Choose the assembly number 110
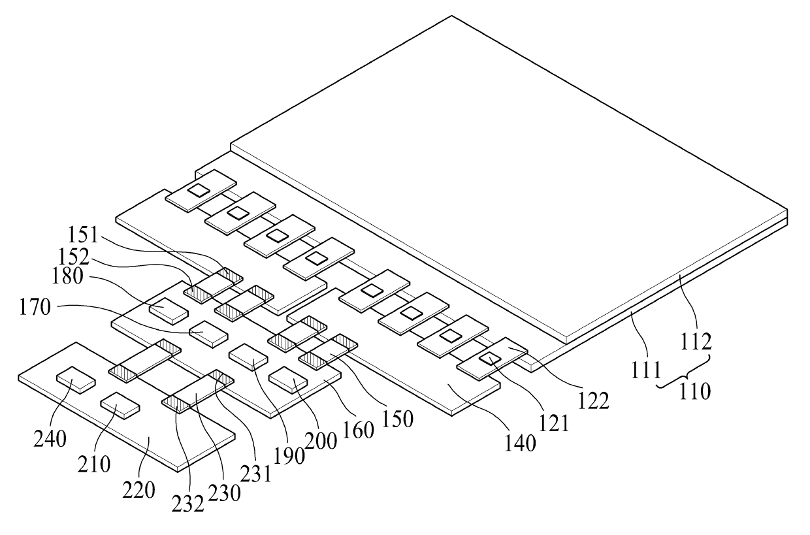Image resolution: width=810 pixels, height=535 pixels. (x=694, y=392)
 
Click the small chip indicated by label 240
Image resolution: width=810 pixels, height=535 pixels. (x=75, y=379)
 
